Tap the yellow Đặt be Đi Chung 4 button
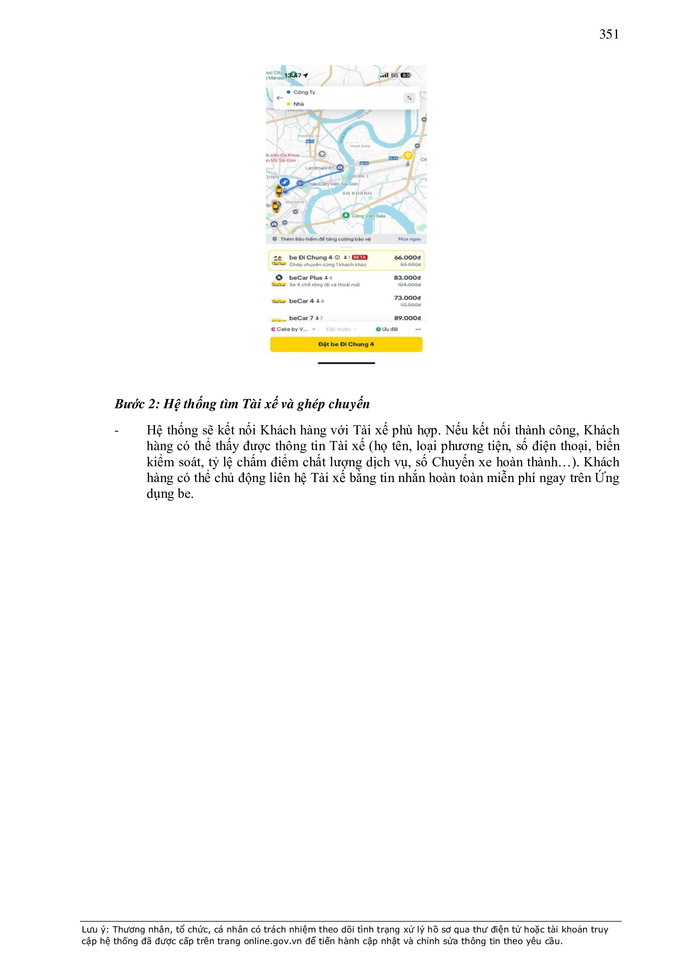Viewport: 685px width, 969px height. [346, 344]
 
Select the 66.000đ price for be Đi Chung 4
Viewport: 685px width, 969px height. [407, 257]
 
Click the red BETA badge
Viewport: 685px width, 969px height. [359, 257]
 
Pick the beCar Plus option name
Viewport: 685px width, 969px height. [305, 278]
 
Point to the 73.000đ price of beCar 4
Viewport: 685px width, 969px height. [407, 298]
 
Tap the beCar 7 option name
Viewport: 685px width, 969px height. [301, 318]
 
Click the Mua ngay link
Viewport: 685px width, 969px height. [409, 239]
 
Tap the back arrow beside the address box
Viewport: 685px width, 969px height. [279, 98]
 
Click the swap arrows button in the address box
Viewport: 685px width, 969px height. [409, 98]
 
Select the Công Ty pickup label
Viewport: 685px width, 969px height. [304, 92]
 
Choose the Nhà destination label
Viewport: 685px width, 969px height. [299, 104]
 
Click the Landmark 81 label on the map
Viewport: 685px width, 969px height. [319, 168]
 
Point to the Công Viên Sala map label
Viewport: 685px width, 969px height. [368, 216]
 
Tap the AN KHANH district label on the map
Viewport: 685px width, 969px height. [357, 193]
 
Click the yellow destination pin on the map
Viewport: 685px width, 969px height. [407, 156]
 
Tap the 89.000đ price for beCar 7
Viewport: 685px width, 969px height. [407, 318]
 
